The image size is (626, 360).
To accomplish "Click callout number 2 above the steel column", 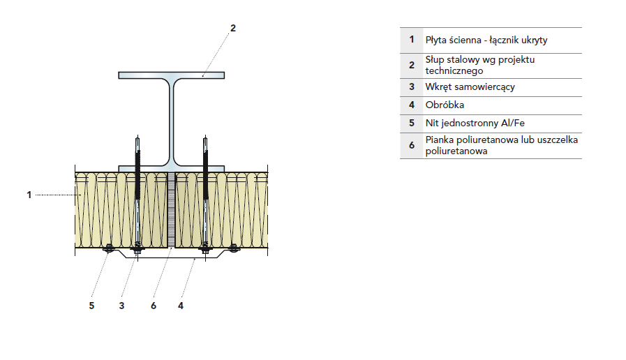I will pyautogui.click(x=233, y=28).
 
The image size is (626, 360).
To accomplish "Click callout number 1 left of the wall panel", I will pyautogui.click(x=29, y=195).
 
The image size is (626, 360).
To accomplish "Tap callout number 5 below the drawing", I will pyautogui.click(x=91, y=305).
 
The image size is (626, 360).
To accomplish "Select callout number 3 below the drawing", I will pyautogui.click(x=121, y=305).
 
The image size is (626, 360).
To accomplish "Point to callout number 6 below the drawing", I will pyautogui.click(x=154, y=305).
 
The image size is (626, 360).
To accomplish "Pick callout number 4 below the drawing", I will pyautogui.click(x=181, y=305).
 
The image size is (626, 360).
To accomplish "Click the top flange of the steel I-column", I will pyautogui.click(x=173, y=75).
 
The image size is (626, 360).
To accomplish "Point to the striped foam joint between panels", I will pyautogui.click(x=172, y=209).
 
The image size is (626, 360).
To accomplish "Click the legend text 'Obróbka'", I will pyautogui.click(x=445, y=105).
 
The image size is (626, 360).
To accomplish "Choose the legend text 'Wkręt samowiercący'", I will pyautogui.click(x=470, y=87).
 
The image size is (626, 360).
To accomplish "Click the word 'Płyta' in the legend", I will pyautogui.click(x=436, y=40).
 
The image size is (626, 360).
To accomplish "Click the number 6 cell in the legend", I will pyautogui.click(x=412, y=145).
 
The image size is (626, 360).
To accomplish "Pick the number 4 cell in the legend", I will pyautogui.click(x=412, y=105).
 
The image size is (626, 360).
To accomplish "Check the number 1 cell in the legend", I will pyautogui.click(x=412, y=40).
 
